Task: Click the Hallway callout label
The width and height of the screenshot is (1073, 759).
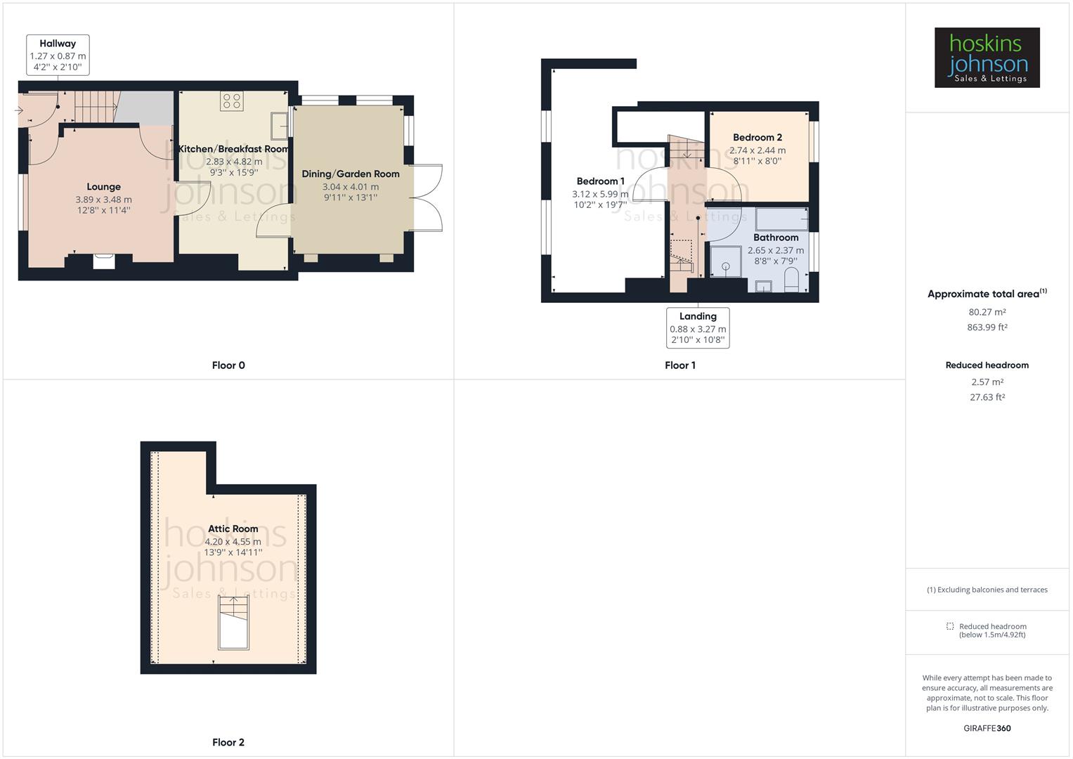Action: (x=58, y=55)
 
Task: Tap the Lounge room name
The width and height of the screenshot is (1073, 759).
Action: (x=103, y=187)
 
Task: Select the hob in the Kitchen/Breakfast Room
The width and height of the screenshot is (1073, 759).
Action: (x=232, y=101)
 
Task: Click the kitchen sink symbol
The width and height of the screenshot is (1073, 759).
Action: (x=279, y=126)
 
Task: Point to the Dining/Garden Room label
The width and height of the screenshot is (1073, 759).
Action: (x=350, y=174)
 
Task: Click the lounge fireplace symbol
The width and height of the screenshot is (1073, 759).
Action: (x=104, y=261)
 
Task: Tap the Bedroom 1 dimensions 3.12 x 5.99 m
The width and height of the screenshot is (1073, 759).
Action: (x=599, y=194)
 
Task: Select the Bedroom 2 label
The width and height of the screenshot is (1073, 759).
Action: (x=757, y=138)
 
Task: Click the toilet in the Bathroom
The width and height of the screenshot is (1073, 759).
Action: (x=791, y=279)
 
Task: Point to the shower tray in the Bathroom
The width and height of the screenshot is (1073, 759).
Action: (x=725, y=261)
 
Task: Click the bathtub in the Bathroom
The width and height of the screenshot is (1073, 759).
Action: (x=781, y=219)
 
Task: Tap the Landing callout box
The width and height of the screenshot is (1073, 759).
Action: (x=698, y=327)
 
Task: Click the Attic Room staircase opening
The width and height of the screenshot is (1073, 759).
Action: (x=233, y=623)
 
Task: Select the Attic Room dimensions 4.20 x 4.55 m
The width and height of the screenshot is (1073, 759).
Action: (x=233, y=542)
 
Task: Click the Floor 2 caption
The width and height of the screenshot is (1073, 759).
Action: (x=228, y=742)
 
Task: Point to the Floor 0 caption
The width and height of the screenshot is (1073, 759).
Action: (x=228, y=365)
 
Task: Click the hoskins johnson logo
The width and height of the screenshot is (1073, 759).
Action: (x=987, y=58)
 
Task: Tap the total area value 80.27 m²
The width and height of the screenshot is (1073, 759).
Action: (x=987, y=312)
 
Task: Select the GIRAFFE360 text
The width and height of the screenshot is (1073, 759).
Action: (x=987, y=728)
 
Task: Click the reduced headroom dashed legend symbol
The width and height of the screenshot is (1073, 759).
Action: (x=949, y=626)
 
